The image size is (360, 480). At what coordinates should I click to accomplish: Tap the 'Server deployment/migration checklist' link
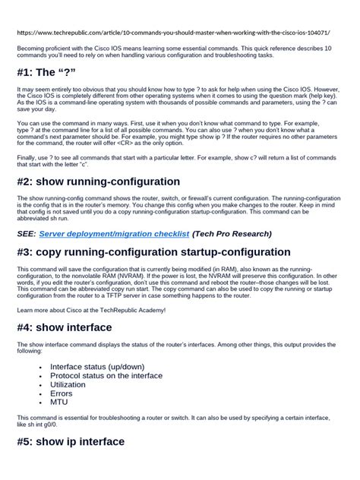click(114, 234)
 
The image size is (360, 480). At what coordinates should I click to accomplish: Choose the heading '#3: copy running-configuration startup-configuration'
click(153, 252)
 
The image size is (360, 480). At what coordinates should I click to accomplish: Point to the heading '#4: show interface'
click(64, 328)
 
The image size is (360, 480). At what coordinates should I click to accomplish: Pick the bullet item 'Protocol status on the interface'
click(106, 375)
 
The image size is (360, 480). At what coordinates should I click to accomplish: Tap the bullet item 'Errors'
click(62, 393)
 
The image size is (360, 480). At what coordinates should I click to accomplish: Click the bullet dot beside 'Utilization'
click(39, 385)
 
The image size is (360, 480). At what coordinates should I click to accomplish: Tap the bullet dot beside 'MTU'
click(39, 403)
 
